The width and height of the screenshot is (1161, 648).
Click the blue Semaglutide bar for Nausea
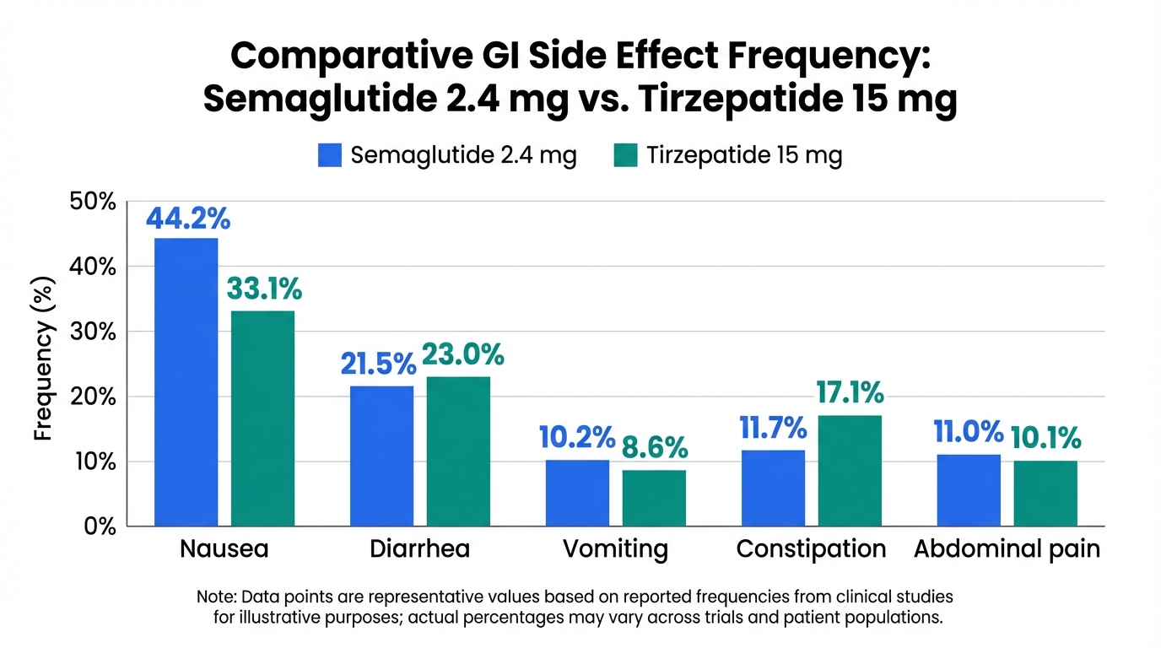click(186, 381)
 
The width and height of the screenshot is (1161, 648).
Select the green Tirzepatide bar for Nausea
click(262, 418)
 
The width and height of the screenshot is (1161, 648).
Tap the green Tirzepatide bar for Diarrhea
click(457, 451)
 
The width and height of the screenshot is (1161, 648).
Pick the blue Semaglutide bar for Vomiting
click(577, 493)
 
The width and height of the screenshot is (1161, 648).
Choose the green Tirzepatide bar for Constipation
click(849, 470)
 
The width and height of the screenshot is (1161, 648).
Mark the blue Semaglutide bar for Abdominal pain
click(968, 489)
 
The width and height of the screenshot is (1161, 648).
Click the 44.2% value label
click(187, 218)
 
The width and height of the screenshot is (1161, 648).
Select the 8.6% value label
click(654, 447)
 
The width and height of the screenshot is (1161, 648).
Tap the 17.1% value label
click(850, 392)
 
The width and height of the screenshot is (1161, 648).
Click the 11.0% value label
click(968, 432)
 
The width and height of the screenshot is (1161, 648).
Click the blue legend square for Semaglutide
click(330, 155)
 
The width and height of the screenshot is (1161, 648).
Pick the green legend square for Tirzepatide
click(625, 155)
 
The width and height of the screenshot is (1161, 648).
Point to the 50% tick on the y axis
click(92, 202)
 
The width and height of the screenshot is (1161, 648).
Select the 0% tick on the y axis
click(98, 526)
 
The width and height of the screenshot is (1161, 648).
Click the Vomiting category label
click(615, 549)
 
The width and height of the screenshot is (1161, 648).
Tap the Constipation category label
click(811, 549)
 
